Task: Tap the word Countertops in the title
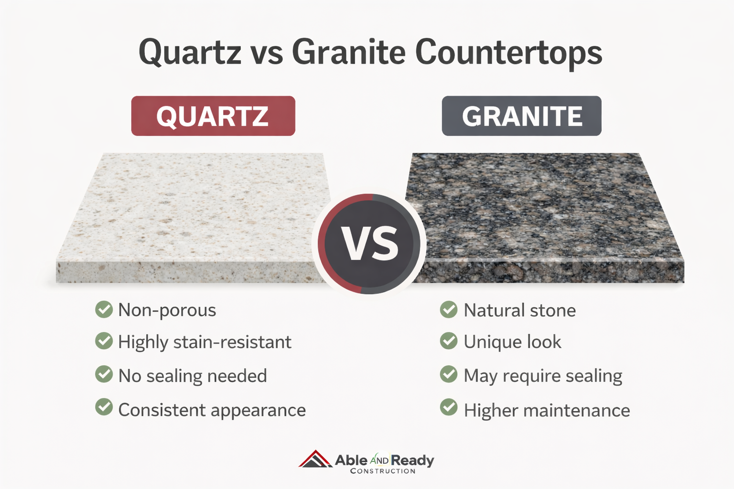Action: (x=508, y=53)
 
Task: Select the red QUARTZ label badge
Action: (x=213, y=116)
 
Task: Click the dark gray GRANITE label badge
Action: (x=522, y=116)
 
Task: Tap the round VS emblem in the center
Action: (x=369, y=244)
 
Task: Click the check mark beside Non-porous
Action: (x=104, y=309)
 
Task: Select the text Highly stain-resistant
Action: (x=205, y=342)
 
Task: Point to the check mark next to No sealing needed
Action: (x=104, y=374)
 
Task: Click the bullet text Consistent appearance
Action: (x=212, y=410)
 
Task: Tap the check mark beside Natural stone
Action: (x=449, y=309)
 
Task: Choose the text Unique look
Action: (x=512, y=342)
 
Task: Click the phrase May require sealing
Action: (x=543, y=376)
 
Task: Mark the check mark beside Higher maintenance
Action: (x=449, y=407)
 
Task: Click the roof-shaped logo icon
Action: (x=315, y=459)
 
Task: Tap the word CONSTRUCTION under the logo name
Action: (x=383, y=471)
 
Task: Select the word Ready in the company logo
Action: (x=412, y=461)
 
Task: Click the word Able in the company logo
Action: (x=351, y=460)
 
